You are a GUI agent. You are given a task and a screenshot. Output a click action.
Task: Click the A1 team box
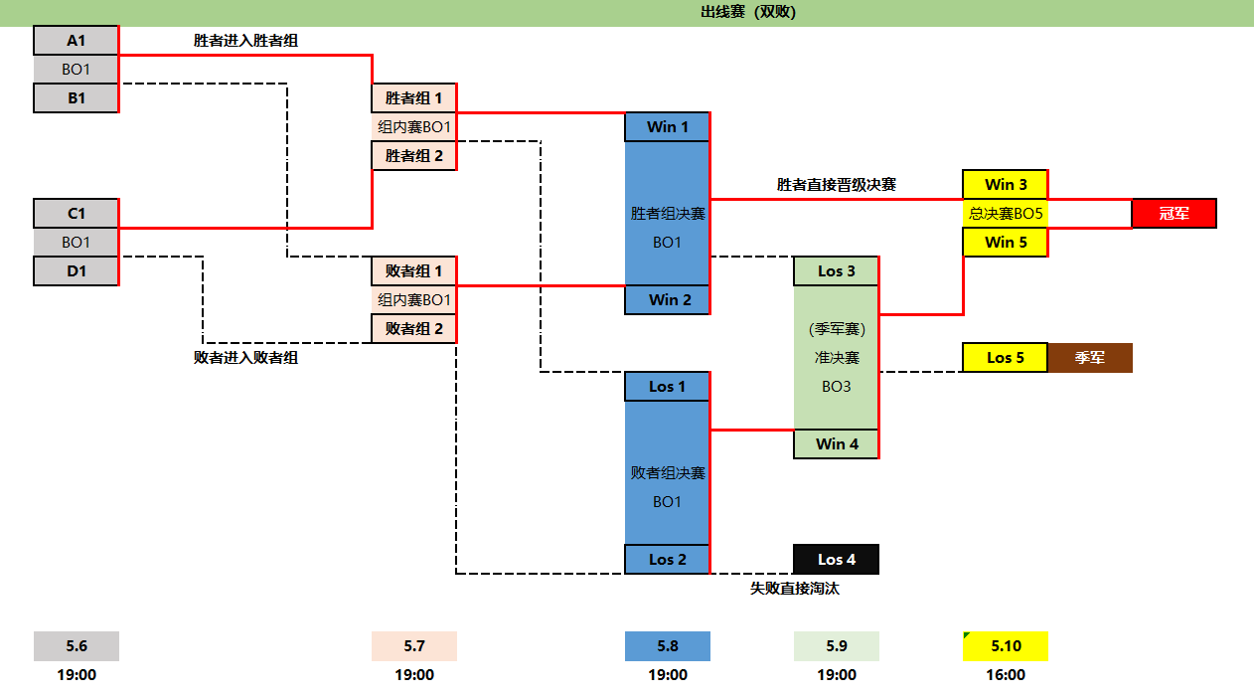pyautogui.click(x=77, y=41)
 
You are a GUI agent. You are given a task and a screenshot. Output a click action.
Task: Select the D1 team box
pyautogui.click(x=77, y=270)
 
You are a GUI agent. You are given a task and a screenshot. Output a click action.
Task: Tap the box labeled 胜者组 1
pyautogui.click(x=414, y=98)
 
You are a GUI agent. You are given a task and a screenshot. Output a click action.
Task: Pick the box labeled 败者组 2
pyautogui.click(x=414, y=328)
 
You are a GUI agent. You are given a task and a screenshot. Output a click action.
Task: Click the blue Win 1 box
pyautogui.click(x=668, y=126)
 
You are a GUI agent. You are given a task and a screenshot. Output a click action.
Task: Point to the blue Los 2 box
pyautogui.click(x=668, y=559)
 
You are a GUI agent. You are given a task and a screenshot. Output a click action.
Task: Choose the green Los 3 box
pyautogui.click(x=837, y=271)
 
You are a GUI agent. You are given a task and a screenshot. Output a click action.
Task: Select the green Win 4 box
pyautogui.click(x=837, y=443)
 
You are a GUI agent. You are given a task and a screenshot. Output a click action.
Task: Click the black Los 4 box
pyautogui.click(x=837, y=559)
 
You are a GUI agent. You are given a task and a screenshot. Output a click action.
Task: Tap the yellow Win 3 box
pyautogui.click(x=1006, y=184)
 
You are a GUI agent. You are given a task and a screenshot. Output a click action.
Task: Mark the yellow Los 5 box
pyautogui.click(x=1006, y=357)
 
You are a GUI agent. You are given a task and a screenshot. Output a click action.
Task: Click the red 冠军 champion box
pyautogui.click(x=1175, y=213)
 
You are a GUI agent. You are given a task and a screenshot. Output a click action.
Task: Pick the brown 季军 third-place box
pyautogui.click(x=1090, y=357)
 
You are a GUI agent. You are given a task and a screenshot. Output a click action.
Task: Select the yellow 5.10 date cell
pyautogui.click(x=1006, y=646)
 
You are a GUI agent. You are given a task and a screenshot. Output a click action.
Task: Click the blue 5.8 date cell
pyautogui.click(x=668, y=646)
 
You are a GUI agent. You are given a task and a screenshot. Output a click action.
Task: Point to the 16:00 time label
pyautogui.click(x=1006, y=675)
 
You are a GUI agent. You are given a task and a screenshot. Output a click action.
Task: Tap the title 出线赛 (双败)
pyautogui.click(x=748, y=12)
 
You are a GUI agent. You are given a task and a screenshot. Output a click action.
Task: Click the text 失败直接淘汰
pyautogui.click(x=795, y=588)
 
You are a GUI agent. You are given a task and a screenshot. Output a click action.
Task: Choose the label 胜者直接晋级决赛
pyautogui.click(x=837, y=185)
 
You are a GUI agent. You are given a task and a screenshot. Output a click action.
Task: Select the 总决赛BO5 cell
pyautogui.click(x=1006, y=213)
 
